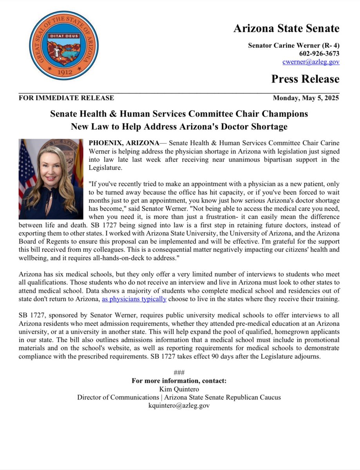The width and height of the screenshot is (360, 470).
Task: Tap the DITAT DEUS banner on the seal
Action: pos(63,36)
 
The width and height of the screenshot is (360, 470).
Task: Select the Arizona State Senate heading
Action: pos(286,29)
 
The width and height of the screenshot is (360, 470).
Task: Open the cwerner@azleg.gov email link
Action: pos(311,61)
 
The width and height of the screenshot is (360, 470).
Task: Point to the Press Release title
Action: pos(305,79)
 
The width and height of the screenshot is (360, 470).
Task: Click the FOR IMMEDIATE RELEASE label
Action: pos(66,98)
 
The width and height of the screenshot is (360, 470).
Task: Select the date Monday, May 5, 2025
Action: pos(306,98)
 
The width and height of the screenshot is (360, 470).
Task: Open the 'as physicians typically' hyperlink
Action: pos(134,299)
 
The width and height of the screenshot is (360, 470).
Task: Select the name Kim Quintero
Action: pos(179,389)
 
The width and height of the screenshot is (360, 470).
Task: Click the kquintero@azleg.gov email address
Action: pos(179,406)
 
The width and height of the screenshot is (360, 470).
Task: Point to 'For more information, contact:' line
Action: pos(179,381)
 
